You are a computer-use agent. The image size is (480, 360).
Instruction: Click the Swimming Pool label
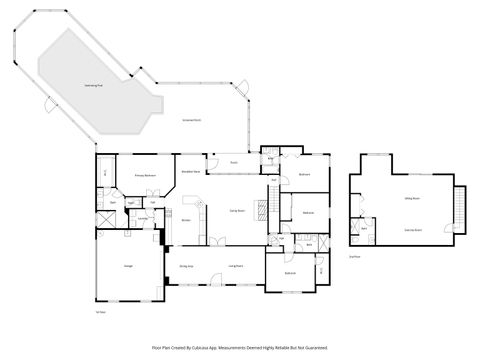coord(69,87)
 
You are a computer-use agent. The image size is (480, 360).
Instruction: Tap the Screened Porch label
coord(192,121)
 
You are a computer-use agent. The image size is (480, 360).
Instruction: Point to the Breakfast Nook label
coord(190,172)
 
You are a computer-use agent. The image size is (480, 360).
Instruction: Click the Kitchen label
coord(186,221)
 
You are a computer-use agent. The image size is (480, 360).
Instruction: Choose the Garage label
coord(128,266)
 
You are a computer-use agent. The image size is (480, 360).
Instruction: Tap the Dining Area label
coord(185,266)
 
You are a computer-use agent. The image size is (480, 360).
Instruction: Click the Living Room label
coord(237,266)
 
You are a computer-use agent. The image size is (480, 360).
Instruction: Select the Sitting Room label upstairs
coord(410,200)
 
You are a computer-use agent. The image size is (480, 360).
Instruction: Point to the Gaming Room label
coord(411,230)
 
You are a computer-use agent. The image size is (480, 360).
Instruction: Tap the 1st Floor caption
coord(100,312)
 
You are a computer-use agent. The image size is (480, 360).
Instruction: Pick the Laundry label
coord(143,219)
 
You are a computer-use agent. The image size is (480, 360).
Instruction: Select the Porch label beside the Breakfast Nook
coord(233,162)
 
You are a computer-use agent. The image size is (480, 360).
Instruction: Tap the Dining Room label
coord(238,210)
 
